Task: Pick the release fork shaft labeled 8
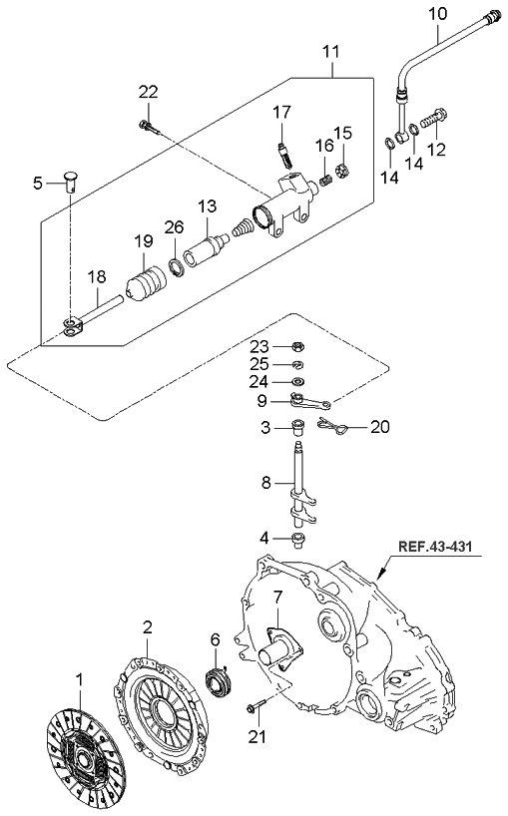[300, 489]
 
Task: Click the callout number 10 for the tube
[438, 13]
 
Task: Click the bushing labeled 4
[298, 540]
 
